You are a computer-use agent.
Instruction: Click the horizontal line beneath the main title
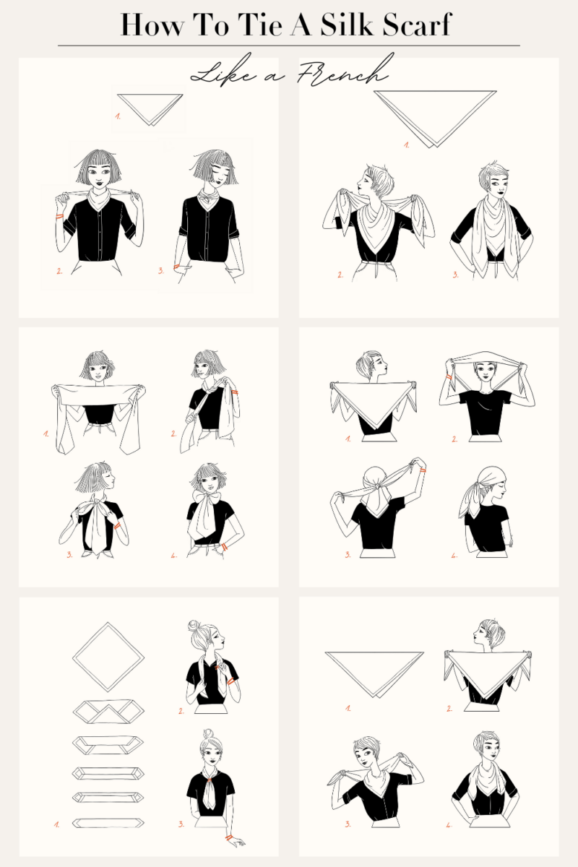tap(289, 46)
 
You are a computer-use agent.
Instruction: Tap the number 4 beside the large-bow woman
tap(173, 556)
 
